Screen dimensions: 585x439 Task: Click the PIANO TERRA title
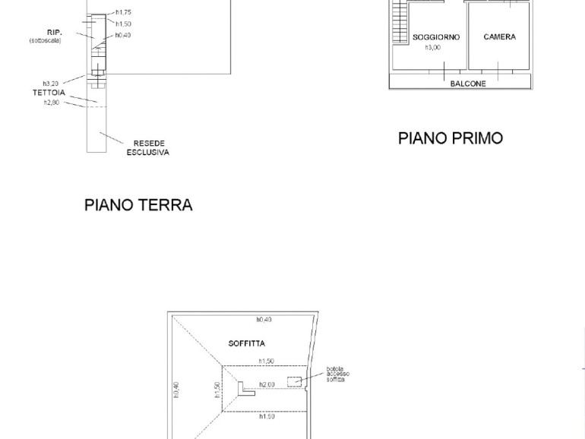(138, 205)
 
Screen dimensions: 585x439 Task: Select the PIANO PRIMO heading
(451, 138)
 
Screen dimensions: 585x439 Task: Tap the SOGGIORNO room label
(436, 37)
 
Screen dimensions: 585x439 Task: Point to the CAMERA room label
(500, 37)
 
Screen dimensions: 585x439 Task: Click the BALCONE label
(468, 84)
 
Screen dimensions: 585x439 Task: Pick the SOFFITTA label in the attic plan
(247, 343)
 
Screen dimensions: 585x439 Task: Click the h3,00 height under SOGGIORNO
(433, 48)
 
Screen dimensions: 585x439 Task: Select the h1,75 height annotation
(124, 12)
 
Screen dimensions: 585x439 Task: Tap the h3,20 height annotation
(51, 84)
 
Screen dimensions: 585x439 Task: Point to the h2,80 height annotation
(52, 103)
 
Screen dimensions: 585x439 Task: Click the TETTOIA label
(49, 93)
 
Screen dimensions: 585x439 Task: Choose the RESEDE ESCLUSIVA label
(148, 147)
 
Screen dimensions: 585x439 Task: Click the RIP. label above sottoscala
(55, 33)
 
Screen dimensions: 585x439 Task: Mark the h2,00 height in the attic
(267, 384)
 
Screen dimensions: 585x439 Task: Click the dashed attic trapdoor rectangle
(294, 382)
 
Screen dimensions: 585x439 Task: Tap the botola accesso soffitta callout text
(338, 374)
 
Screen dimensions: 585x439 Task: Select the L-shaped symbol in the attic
(245, 389)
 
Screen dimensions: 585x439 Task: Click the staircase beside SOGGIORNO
(400, 21)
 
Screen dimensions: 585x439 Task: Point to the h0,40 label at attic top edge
(264, 320)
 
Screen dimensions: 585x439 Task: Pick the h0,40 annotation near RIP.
(123, 35)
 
